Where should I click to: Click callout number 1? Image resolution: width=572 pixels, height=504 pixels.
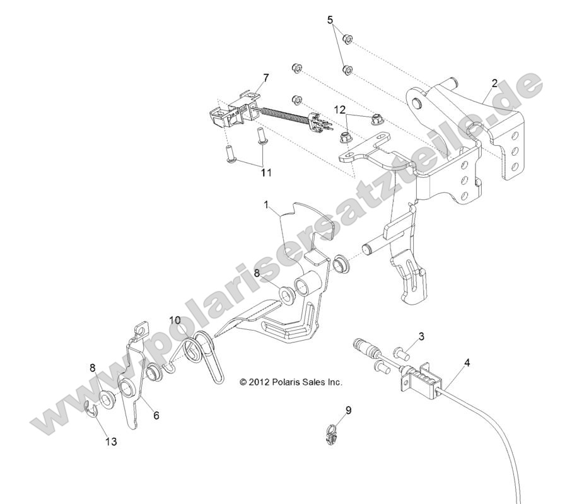click(267, 205)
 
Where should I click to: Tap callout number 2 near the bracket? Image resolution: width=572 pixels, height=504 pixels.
click(494, 83)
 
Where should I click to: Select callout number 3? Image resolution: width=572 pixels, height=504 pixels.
click(421, 336)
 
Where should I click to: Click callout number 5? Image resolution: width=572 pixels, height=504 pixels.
click(330, 20)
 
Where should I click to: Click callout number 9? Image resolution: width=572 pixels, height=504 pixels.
click(349, 410)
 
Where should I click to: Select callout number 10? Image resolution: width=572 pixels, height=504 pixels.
click(175, 320)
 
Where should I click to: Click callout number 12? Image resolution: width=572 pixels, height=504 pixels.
click(341, 110)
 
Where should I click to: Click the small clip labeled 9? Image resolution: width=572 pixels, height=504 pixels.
click(332, 435)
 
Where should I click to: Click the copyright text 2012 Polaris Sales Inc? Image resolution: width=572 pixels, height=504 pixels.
click(291, 382)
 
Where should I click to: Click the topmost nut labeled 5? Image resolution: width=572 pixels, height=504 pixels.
click(346, 40)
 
